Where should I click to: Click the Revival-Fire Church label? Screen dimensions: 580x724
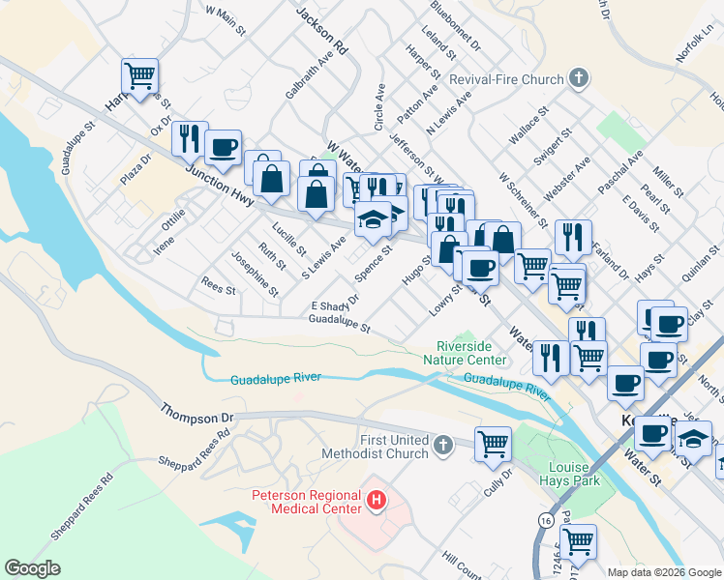[x=516, y=79]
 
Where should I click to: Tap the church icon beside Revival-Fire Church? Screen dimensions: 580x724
[x=579, y=78]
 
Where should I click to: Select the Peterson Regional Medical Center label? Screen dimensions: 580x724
[x=305, y=502]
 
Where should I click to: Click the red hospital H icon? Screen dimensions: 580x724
[x=377, y=502]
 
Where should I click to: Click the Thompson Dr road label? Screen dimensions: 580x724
[x=198, y=413]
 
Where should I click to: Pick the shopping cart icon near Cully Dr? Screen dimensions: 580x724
[x=494, y=443]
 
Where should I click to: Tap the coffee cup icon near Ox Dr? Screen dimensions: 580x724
[x=223, y=147]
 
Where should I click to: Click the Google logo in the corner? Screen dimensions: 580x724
[x=32, y=568]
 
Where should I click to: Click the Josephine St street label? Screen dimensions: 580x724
[x=255, y=274]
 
